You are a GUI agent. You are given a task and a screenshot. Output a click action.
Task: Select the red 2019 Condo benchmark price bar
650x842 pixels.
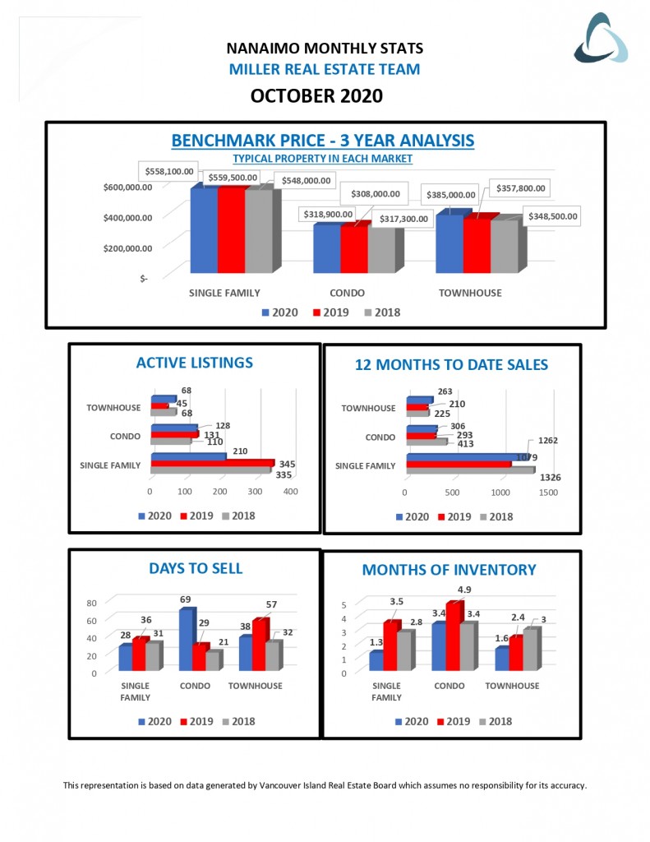click(353, 249)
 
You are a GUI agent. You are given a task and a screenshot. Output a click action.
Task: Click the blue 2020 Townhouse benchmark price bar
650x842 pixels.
click(449, 244)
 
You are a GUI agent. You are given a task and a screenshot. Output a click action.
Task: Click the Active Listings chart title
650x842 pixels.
click(194, 363)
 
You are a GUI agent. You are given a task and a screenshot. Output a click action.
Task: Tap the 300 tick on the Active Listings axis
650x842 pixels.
click(256, 492)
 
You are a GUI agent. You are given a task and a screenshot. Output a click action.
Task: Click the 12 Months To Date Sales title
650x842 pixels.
click(451, 365)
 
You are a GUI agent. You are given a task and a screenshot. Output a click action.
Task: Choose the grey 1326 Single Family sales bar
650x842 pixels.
click(468, 470)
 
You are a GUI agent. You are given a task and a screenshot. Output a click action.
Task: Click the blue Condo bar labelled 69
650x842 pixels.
click(186, 640)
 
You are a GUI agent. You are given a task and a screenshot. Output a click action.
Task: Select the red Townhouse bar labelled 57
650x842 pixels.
click(260, 645)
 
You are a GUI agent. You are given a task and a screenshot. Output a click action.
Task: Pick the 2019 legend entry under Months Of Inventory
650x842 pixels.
click(454, 721)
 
